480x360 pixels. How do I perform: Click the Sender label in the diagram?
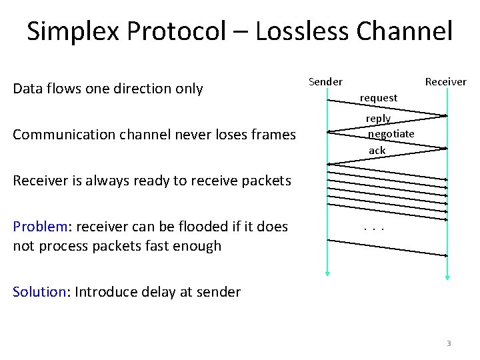(x=325, y=82)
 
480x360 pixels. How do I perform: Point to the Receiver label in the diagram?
(x=445, y=82)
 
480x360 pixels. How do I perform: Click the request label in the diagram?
(x=378, y=98)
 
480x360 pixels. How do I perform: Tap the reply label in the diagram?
(x=378, y=119)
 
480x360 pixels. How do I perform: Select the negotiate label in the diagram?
(x=391, y=134)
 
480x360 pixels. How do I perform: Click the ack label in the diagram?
(x=377, y=151)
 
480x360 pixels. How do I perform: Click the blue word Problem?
(x=39, y=227)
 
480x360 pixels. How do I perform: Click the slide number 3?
(x=449, y=343)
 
